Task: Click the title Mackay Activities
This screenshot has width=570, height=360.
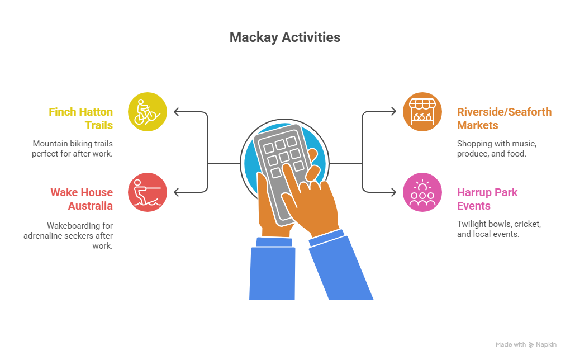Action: [x=285, y=37]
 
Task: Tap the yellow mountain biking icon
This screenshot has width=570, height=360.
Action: [x=147, y=112]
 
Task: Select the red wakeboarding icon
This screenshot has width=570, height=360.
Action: [x=147, y=192]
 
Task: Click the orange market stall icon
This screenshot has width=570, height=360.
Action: [x=422, y=112]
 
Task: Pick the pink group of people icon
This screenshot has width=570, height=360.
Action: [x=422, y=192]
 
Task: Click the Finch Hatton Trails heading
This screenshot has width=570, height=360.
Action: [x=80, y=119]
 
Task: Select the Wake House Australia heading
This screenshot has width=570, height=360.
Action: [x=82, y=199]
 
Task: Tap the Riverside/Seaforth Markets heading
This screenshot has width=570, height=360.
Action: [x=504, y=119]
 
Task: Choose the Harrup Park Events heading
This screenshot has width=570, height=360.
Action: [x=487, y=199]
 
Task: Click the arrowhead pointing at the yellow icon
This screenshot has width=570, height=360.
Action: [x=177, y=112]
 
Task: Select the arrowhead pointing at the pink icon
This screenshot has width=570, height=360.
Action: [x=393, y=192]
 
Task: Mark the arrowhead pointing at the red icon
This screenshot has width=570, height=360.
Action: [x=177, y=192]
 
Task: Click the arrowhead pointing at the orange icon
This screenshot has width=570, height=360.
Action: [x=393, y=112]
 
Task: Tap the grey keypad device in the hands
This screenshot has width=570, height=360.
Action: [x=280, y=171]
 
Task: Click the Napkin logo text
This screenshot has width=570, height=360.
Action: [x=546, y=344]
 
